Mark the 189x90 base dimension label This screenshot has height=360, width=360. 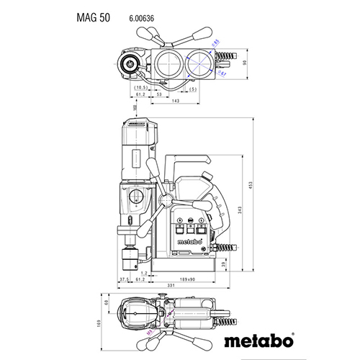click(188, 279)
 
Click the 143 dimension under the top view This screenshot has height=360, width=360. click(176, 101)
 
